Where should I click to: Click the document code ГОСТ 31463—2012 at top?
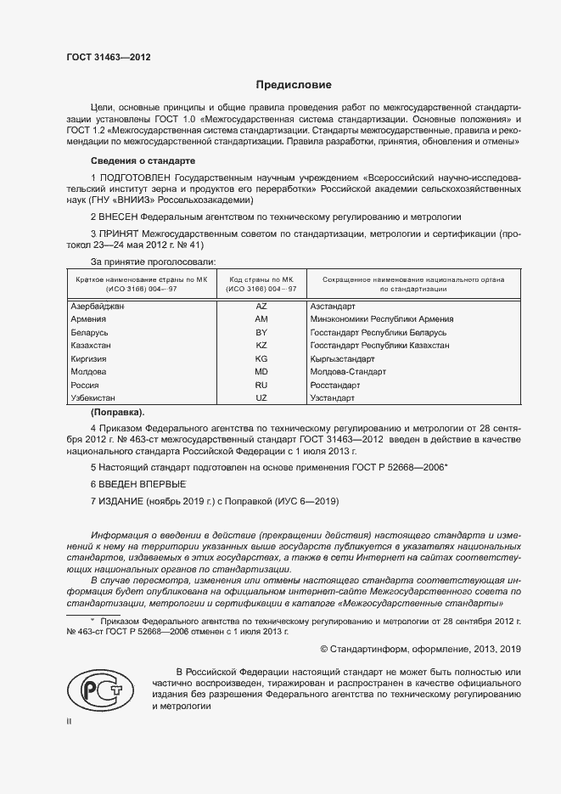(x=108, y=57)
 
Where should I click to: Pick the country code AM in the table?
(x=261, y=318)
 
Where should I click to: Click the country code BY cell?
(x=261, y=332)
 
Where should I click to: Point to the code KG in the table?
(x=261, y=359)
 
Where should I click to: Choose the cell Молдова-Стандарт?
(x=348, y=372)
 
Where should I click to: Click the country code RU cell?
(x=261, y=385)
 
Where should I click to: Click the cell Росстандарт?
(x=335, y=385)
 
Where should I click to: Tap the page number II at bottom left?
(x=70, y=722)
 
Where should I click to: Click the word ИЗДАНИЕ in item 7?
(x=121, y=502)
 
